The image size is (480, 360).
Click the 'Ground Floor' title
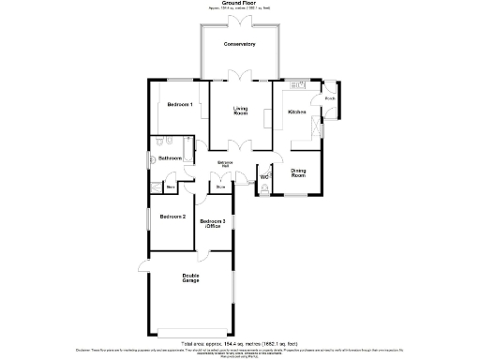[x=239, y=4]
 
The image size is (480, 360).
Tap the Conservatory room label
[x=239, y=44]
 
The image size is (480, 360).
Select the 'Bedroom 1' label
[x=180, y=104]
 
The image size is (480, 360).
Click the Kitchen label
[x=297, y=112]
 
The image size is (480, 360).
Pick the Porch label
[x=330, y=97]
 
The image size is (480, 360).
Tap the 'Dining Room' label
[x=298, y=173]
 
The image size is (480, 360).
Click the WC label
[x=264, y=176]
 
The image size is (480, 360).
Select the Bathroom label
[x=170, y=158]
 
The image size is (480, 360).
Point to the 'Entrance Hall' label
[x=225, y=166]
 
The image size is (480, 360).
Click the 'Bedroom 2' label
[x=172, y=217]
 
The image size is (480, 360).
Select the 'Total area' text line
[x=239, y=344]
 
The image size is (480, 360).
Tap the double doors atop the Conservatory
[x=239, y=21]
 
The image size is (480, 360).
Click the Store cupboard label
[x=221, y=187]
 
